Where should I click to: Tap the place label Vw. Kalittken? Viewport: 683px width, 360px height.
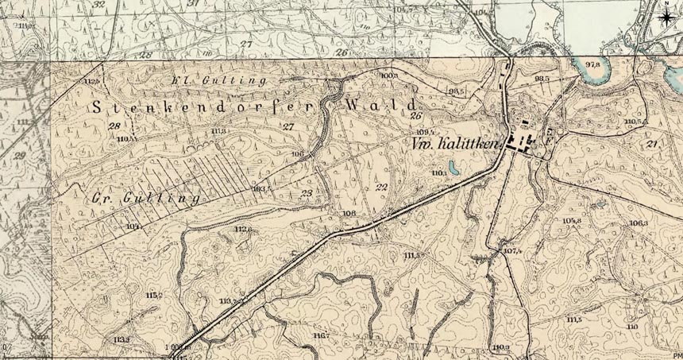tap(455, 144)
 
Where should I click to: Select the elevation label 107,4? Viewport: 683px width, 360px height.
tap(512, 251)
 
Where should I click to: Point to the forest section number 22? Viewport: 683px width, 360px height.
tap(381, 187)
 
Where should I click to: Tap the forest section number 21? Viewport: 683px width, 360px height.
tap(653, 143)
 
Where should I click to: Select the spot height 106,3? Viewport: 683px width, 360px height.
tap(638, 223)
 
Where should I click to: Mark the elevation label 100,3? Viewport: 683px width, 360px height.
tap(388, 75)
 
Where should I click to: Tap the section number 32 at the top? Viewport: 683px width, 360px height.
tap(98, 5)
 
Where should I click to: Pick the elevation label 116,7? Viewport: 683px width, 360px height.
tap(321, 336)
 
